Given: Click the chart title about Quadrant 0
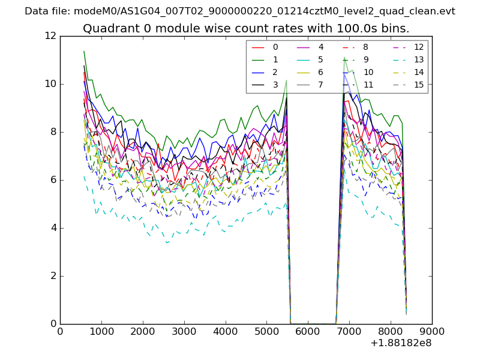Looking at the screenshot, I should (x=246, y=28).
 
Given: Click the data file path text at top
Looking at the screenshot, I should (x=240, y=11).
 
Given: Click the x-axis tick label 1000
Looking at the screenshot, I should (x=101, y=331).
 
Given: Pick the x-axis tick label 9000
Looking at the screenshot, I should (x=432, y=331).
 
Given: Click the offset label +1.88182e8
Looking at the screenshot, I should (x=401, y=343).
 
